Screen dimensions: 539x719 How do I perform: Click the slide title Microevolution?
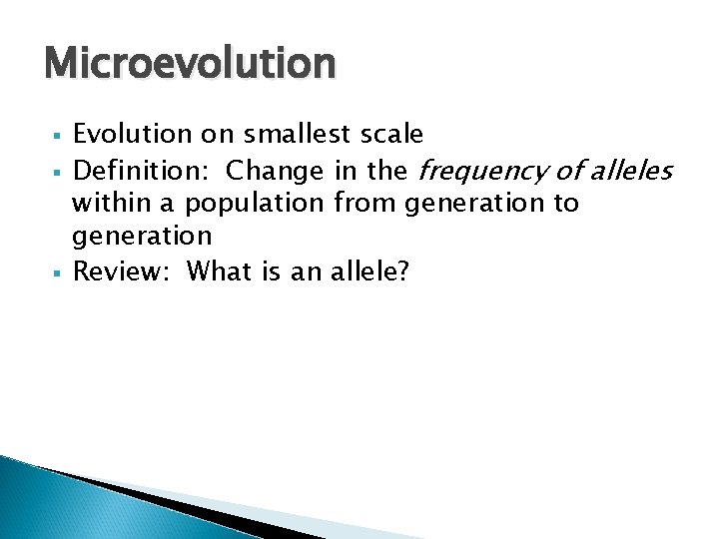[x=190, y=65]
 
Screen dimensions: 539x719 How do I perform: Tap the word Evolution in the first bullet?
[x=131, y=134]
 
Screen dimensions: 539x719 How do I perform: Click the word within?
[x=110, y=204]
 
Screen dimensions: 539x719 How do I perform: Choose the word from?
[x=365, y=204]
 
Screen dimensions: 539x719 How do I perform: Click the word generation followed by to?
[x=474, y=205]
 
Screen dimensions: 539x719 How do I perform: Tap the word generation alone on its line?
[x=142, y=238]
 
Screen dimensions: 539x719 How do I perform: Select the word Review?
[x=124, y=270]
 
